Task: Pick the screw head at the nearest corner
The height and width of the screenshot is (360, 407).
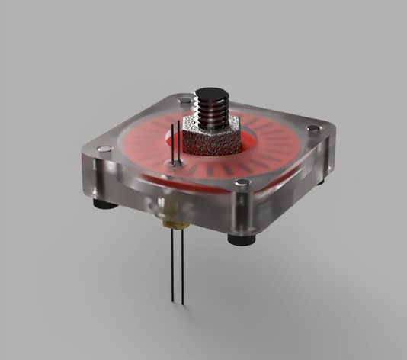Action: (x=242, y=183)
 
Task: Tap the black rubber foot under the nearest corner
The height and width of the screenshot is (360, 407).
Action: (x=241, y=239)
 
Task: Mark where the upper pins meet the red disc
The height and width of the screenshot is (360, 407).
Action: (x=176, y=162)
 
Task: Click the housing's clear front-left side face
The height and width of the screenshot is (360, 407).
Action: (x=152, y=194)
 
